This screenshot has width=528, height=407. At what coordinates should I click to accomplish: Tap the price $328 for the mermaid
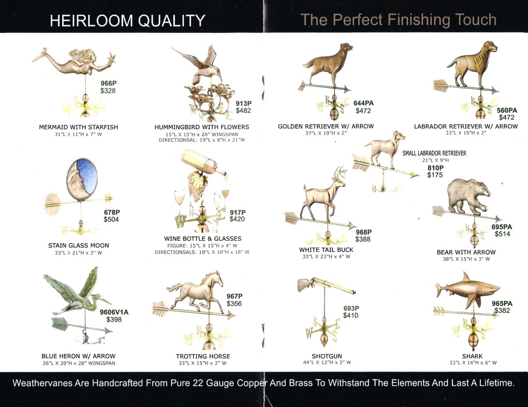click(108, 91)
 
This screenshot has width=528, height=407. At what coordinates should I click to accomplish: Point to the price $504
click(111, 219)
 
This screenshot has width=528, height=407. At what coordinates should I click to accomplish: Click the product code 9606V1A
click(114, 312)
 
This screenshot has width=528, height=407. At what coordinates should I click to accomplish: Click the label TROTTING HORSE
click(203, 356)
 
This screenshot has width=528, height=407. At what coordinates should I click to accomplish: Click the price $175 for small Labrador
click(435, 175)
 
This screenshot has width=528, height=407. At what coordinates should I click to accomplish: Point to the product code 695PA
click(502, 227)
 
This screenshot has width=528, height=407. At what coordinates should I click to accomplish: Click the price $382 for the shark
click(502, 311)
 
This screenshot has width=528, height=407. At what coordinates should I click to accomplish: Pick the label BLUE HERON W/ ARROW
click(78, 356)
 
